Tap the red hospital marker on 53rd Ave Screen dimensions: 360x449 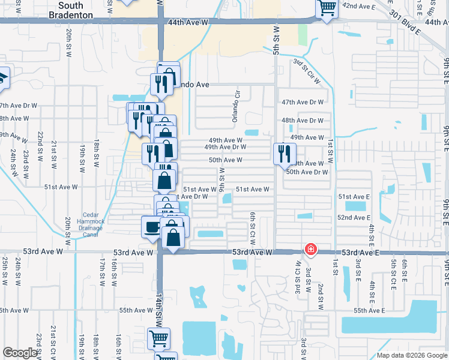point(310,248)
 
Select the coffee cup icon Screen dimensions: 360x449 point(151,227)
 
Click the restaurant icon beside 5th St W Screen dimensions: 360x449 point(282,154)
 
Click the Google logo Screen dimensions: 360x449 point(20,353)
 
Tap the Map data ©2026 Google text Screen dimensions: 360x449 point(411,355)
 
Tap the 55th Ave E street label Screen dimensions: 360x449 point(369,310)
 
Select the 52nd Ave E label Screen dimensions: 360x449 point(354,217)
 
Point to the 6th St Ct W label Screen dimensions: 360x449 point(253,228)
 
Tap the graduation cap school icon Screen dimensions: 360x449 point(3,78)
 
